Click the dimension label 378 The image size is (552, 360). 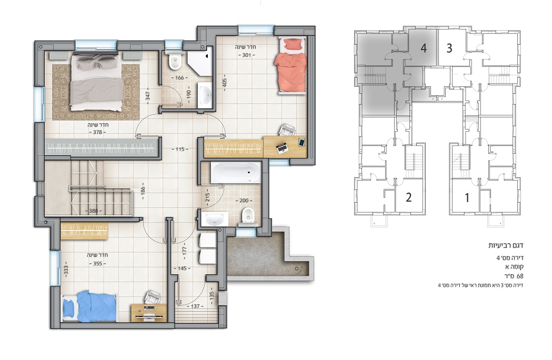tap(97, 132)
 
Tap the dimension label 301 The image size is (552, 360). tap(246, 55)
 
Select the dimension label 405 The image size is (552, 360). tap(225, 83)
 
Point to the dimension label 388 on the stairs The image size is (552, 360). tap(93, 211)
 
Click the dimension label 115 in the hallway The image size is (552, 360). tap(180, 149)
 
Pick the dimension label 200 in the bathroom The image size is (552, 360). tap(244, 201)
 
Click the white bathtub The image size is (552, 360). tap(236, 172)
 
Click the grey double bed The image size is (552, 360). tap(96, 82)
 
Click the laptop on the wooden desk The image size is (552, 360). tap(282, 148)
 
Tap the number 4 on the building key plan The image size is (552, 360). tap(424, 48)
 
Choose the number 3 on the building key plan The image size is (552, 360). tap(449, 48)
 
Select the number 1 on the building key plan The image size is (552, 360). tap(467, 197)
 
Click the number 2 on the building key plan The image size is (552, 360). tap(408, 197)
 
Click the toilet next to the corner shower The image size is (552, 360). tap(175, 62)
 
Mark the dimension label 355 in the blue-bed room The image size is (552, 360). tap(97, 264)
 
